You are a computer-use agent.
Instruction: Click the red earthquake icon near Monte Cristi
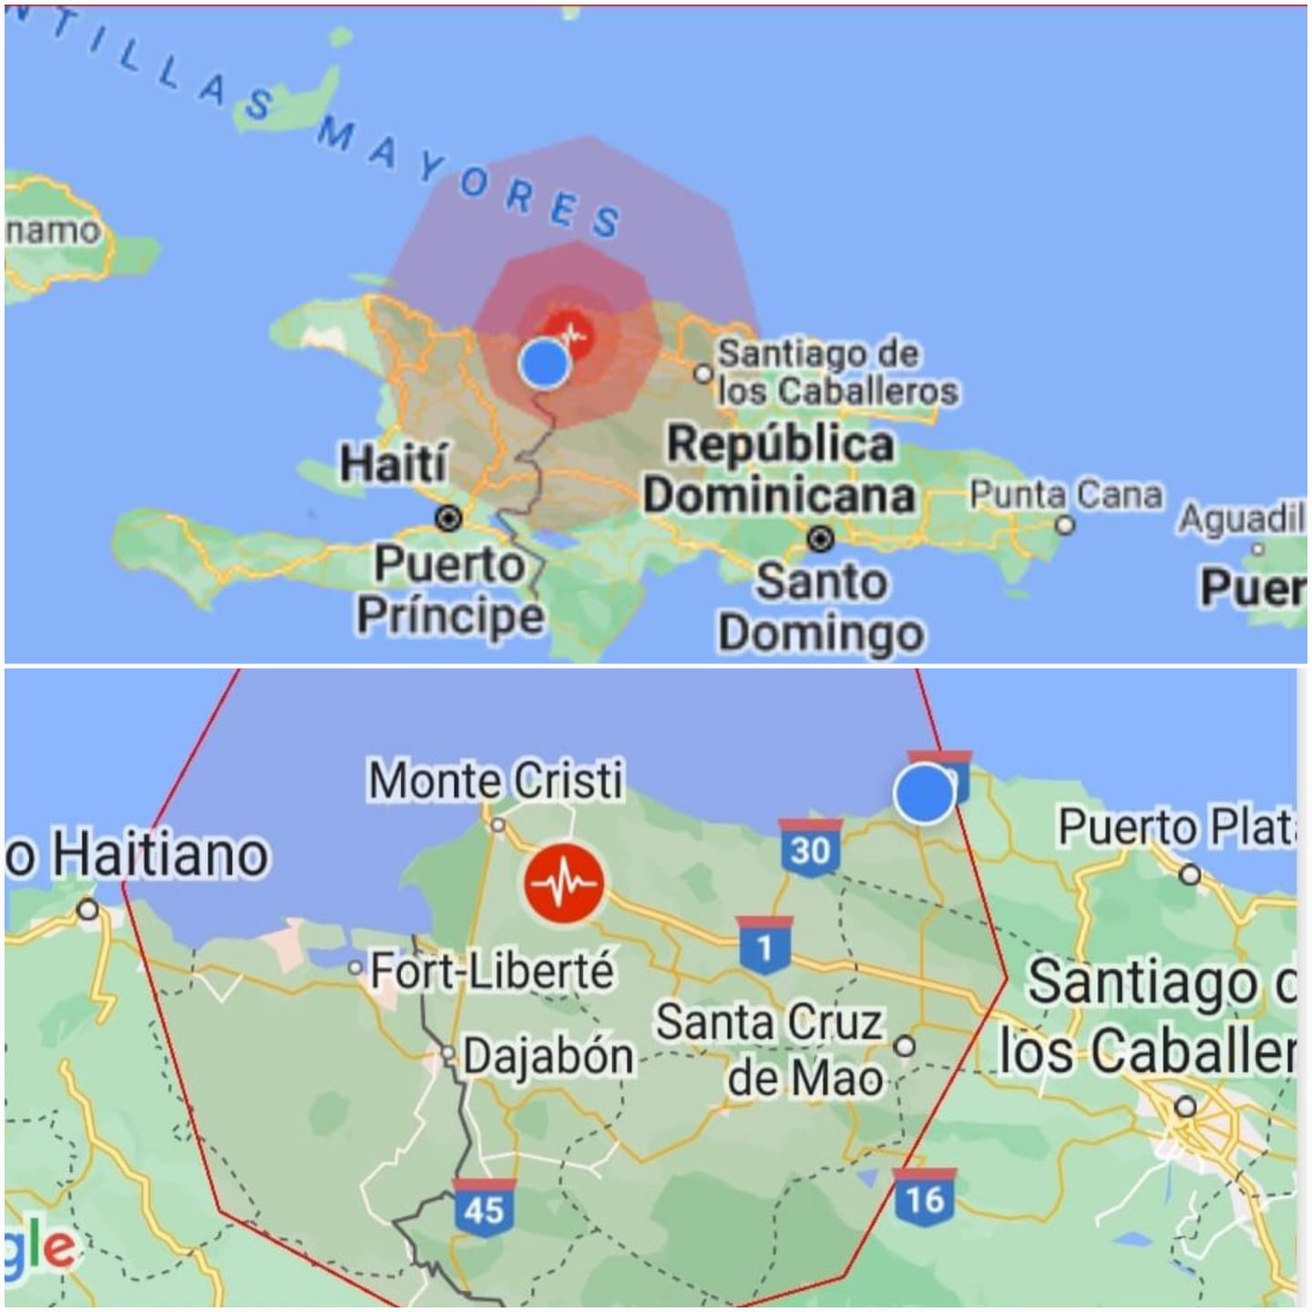[x=564, y=883]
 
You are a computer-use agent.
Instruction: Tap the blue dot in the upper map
[x=545, y=363]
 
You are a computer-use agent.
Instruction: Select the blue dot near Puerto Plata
[x=925, y=793]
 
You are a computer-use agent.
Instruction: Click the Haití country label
[x=394, y=464]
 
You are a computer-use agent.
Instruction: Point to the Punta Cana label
[x=1065, y=496]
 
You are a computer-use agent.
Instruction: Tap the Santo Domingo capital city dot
[x=821, y=539]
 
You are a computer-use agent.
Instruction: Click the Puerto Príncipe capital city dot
[x=448, y=519]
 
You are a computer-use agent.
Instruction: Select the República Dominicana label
[x=780, y=470]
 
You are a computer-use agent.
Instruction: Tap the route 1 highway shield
[x=764, y=946]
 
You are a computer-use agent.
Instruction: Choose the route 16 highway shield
[x=925, y=1197]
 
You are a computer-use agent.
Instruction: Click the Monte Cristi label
[x=496, y=781]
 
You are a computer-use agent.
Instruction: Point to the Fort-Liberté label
[x=492, y=971]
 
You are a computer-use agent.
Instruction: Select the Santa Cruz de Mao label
[x=770, y=1051]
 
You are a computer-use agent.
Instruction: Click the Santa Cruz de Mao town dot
[x=905, y=1046]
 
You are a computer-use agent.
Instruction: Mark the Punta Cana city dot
[x=1064, y=526]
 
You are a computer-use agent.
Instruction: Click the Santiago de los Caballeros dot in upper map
[x=702, y=374]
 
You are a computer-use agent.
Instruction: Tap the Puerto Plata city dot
[x=1189, y=875]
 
